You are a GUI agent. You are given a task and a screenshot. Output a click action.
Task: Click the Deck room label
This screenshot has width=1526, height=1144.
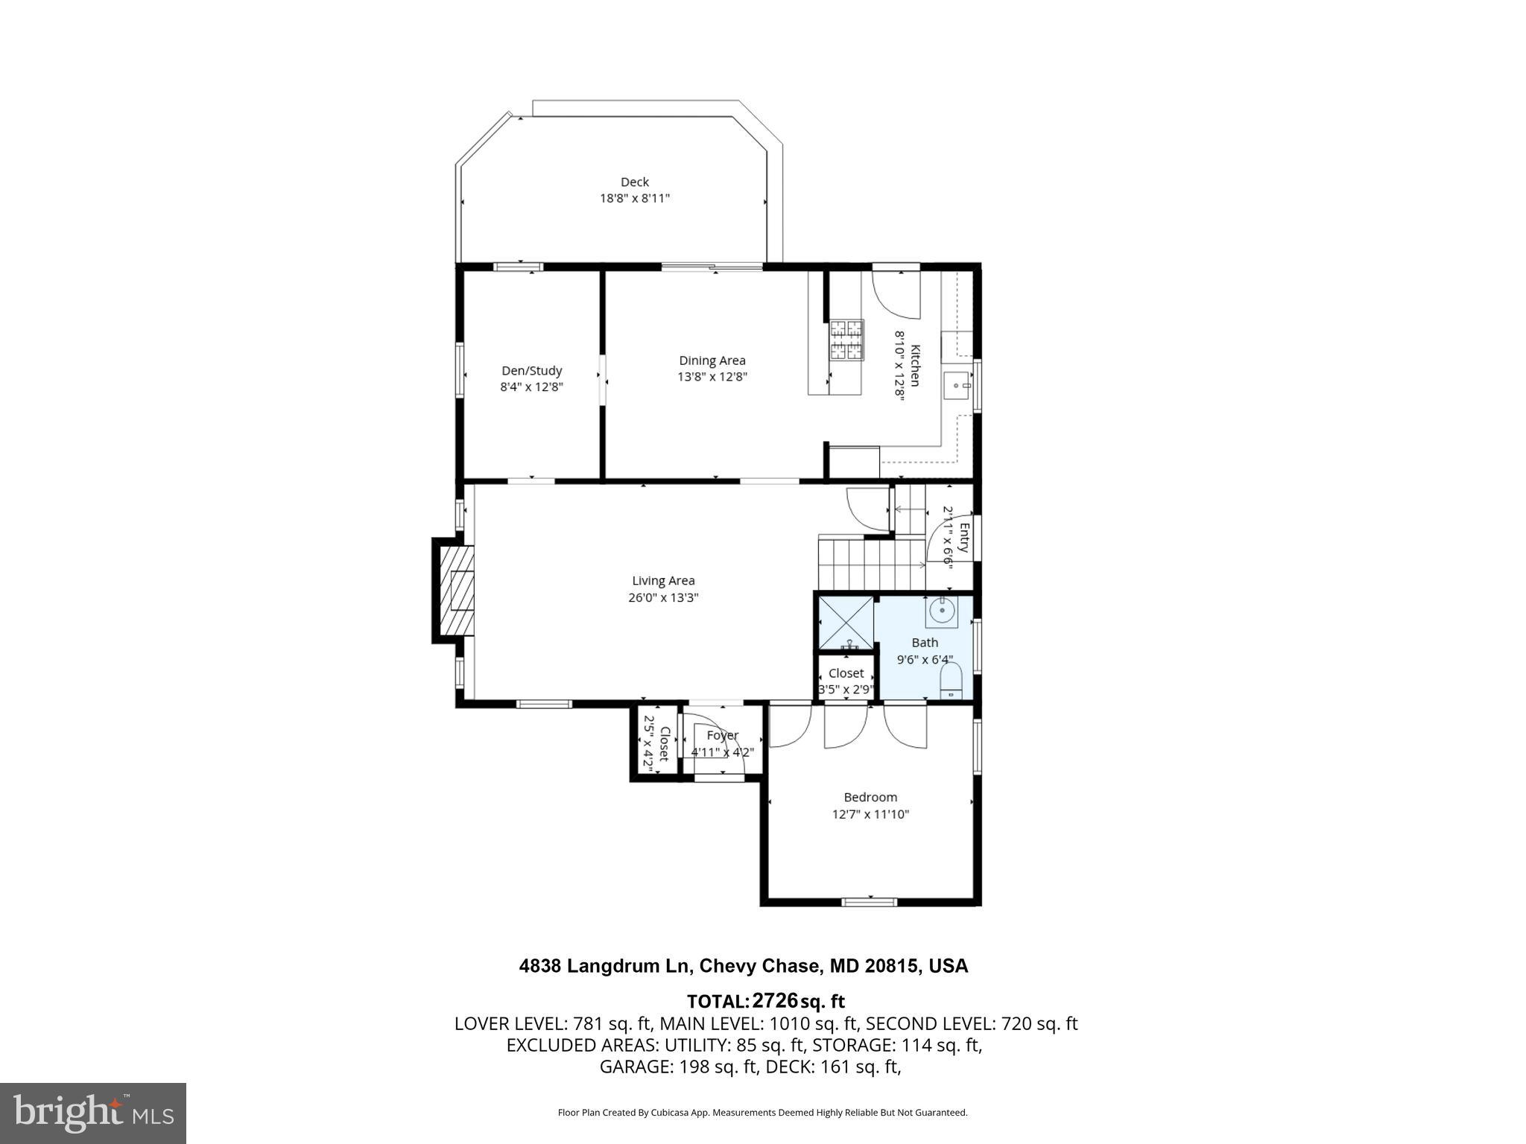pyautogui.click(x=634, y=182)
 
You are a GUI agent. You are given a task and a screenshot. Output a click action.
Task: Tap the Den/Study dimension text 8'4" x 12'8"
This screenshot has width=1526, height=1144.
pyautogui.click(x=531, y=387)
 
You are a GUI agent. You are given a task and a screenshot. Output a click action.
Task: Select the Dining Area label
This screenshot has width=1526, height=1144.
pyautogui.click(x=712, y=360)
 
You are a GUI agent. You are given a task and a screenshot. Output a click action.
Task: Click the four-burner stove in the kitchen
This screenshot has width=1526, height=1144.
pyautogui.click(x=847, y=340)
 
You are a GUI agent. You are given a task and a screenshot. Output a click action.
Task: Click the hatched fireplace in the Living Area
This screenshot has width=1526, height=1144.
pyautogui.click(x=457, y=591)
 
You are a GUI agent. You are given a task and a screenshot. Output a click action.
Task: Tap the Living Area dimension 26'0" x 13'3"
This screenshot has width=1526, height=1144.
pyautogui.click(x=662, y=597)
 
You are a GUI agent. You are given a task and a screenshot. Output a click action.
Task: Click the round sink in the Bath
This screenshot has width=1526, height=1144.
pyautogui.click(x=942, y=611)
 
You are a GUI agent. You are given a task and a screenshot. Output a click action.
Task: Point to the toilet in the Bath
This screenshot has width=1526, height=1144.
pyautogui.click(x=951, y=681)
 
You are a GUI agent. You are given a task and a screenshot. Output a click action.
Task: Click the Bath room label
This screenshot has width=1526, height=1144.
pyautogui.click(x=925, y=643)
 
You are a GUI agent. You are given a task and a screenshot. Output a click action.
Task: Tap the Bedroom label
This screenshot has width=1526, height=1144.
pyautogui.click(x=870, y=797)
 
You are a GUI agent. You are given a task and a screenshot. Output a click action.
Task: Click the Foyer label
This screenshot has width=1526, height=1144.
pyautogui.click(x=721, y=735)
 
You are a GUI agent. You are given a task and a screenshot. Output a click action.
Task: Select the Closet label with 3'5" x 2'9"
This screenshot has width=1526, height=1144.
pyautogui.click(x=846, y=673)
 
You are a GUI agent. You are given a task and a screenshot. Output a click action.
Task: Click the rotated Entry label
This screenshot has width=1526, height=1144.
pyautogui.click(x=963, y=538)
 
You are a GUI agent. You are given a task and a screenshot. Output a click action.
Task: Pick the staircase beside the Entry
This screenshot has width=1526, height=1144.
pyautogui.click(x=870, y=564)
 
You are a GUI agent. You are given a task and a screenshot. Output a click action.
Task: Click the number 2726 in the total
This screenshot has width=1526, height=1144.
pyautogui.click(x=774, y=1000)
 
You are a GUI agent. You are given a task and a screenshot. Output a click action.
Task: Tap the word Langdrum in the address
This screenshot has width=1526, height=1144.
pyautogui.click(x=630, y=966)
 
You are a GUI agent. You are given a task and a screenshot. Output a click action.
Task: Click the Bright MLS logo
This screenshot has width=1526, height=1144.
pyautogui.click(x=93, y=1113)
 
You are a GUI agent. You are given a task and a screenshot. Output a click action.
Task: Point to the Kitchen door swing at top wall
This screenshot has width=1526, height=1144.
pyautogui.click(x=896, y=294)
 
